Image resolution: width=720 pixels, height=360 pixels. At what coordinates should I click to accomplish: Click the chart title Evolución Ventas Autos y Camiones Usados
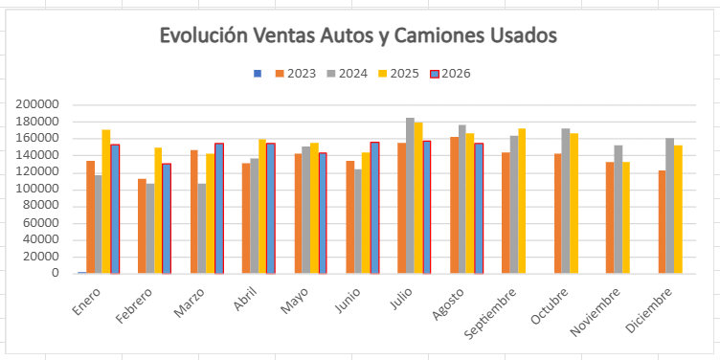pos(358,35)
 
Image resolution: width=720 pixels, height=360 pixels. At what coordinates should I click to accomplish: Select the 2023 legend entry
pos(296,74)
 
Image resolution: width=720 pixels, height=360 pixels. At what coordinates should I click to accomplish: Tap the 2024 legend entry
pos(348,74)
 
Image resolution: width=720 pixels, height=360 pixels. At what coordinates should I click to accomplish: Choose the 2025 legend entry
pos(398,74)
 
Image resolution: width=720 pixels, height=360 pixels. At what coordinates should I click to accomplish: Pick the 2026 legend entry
pos(450,74)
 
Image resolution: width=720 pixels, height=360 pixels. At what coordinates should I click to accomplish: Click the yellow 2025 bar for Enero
pos(106,202)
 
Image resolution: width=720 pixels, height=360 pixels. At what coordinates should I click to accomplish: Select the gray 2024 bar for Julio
pos(410,195)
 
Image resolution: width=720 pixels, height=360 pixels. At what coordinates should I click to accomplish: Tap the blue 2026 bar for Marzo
pos(219,209)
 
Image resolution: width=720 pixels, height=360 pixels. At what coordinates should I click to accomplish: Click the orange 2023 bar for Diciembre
pos(663,222)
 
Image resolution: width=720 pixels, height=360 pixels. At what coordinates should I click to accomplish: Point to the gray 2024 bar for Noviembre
pos(619,210)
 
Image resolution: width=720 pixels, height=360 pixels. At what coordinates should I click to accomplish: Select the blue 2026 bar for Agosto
pos(479,209)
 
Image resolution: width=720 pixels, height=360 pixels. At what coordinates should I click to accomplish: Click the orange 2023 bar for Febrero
pos(142,226)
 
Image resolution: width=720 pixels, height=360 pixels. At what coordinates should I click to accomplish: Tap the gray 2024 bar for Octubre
pos(566,201)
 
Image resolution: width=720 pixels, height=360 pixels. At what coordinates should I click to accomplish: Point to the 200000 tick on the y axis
pos(37,104)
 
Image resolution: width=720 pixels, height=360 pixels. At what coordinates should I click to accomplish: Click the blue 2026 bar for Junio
pos(375,208)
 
